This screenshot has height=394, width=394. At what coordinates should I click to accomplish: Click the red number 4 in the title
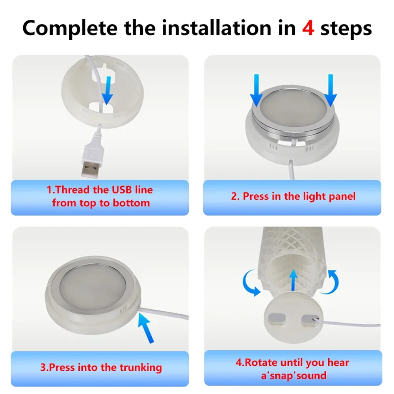pos(308,28)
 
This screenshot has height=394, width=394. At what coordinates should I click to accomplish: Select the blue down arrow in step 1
pos(108,91)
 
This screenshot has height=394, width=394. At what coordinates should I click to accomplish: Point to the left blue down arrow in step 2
pos(256,90)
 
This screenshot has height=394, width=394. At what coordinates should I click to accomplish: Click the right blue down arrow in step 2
pos(331,90)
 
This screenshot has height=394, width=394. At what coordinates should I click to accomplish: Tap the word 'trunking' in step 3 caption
pos(141,368)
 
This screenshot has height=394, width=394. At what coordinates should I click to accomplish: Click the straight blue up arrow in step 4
pos(293,280)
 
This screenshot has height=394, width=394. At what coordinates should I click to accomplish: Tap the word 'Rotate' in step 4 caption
pos(261,362)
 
